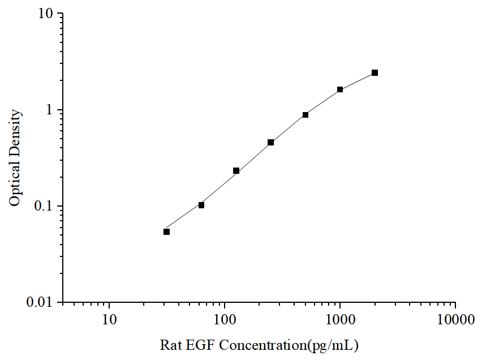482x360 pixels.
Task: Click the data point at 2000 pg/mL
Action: pyautogui.click(x=375, y=73)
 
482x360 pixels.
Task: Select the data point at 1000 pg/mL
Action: pyautogui.click(x=340, y=89)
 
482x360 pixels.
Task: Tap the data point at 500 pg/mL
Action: pyautogui.click(x=305, y=115)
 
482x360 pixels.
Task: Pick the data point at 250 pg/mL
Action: pyautogui.click(x=271, y=143)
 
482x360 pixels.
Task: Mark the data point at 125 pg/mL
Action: pyautogui.click(x=236, y=171)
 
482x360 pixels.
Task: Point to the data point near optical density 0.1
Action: pyautogui.click(x=201, y=205)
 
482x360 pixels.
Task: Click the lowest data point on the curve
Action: pyautogui.click(x=167, y=232)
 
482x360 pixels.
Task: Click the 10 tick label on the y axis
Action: pyautogui.click(x=46, y=14)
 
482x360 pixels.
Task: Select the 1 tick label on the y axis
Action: pyautogui.click(x=49, y=110)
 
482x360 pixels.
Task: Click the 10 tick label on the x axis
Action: pyautogui.click(x=110, y=320)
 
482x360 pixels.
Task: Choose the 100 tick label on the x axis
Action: pyautogui.click(x=225, y=320)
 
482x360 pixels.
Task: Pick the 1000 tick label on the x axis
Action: pyautogui.click(x=340, y=320)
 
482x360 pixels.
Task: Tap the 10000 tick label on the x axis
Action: pyautogui.click(x=455, y=320)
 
